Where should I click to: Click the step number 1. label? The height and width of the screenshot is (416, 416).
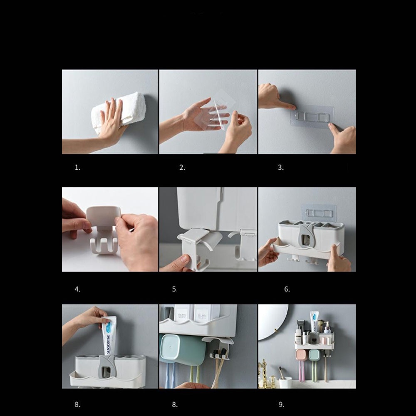[x=77, y=168]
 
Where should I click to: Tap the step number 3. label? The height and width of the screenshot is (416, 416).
[x=281, y=168]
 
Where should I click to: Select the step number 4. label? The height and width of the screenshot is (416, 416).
[x=77, y=289]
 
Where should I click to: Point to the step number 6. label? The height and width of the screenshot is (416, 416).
[x=287, y=289]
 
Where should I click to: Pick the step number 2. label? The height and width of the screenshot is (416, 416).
[x=182, y=168]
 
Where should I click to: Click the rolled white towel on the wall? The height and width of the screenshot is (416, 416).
[x=119, y=111]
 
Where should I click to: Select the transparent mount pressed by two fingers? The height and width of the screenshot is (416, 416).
[x=312, y=116]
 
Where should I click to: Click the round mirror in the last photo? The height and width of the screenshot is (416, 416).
[x=273, y=322]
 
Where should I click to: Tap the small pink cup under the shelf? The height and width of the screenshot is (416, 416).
[x=301, y=355]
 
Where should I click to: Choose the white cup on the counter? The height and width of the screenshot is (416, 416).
[x=285, y=383]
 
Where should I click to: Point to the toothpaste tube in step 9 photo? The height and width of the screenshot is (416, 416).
[x=315, y=322]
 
